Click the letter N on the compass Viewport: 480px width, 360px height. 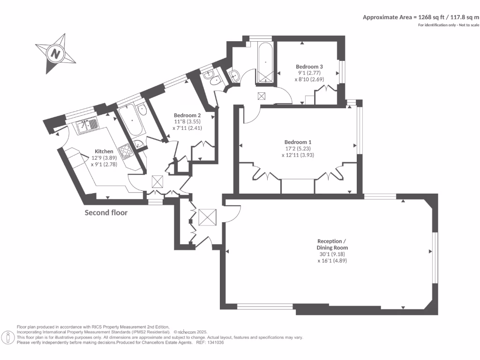pyautogui.click(x=55, y=54)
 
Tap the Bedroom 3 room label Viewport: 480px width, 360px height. pyautogui.click(x=309, y=67)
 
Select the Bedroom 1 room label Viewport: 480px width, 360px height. pyautogui.click(x=298, y=142)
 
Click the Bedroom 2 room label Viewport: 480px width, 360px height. pyautogui.click(x=187, y=115)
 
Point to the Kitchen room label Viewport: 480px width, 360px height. pyautogui.click(x=104, y=151)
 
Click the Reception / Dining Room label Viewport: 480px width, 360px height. pyautogui.click(x=332, y=244)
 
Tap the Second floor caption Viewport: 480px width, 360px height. pyautogui.click(x=106, y=213)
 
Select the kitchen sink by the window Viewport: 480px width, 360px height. pyautogui.click(x=87, y=126)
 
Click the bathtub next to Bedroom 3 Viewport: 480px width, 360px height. pyautogui.click(x=265, y=62)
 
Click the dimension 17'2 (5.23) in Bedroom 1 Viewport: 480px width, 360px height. pyautogui.click(x=298, y=149)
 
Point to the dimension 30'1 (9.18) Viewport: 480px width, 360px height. pyautogui.click(x=332, y=254)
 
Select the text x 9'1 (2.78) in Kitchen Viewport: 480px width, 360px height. pyautogui.click(x=104, y=165)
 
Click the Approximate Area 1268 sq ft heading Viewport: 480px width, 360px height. pyautogui.click(x=421, y=17)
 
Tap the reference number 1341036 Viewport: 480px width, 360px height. pyautogui.click(x=216, y=343)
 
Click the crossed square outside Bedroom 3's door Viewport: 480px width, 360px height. pyautogui.click(x=262, y=96)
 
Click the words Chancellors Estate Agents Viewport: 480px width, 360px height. pyautogui.click(x=166, y=343)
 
